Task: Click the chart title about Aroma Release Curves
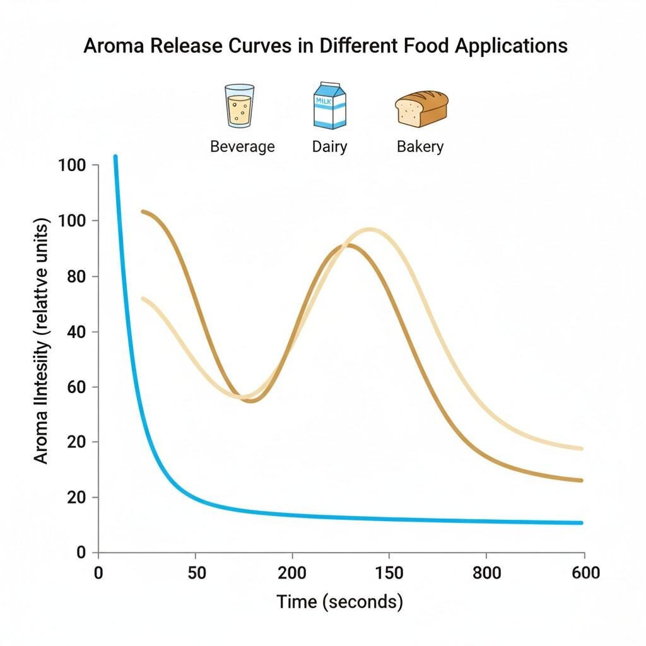click(x=326, y=46)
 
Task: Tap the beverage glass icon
click(x=240, y=106)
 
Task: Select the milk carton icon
click(x=329, y=106)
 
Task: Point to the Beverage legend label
click(x=242, y=147)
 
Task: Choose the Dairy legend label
click(x=329, y=147)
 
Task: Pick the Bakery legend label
click(x=420, y=147)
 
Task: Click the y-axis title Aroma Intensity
click(x=42, y=341)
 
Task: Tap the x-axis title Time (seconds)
click(x=339, y=601)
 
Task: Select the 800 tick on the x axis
click(x=486, y=573)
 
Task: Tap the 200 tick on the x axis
click(x=292, y=573)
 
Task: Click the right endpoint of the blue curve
click(x=580, y=522)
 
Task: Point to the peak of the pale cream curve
click(x=370, y=230)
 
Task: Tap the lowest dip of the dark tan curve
click(x=252, y=401)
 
